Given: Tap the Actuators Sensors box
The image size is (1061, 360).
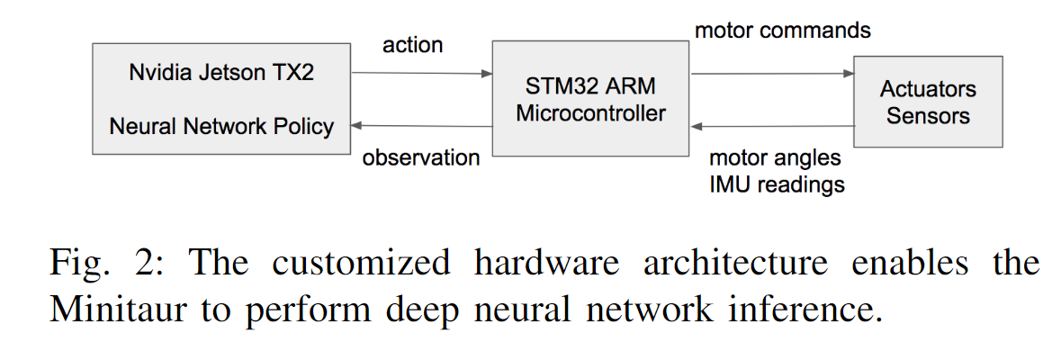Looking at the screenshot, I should [x=928, y=102].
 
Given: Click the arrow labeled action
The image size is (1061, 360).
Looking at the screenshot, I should [x=421, y=74].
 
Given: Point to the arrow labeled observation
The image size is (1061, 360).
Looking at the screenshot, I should [x=421, y=126].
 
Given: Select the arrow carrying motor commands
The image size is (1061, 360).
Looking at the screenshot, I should [x=772, y=74].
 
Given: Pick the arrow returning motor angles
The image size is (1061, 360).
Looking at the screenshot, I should [x=772, y=126].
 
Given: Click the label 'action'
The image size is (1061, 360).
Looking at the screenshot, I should [x=413, y=45].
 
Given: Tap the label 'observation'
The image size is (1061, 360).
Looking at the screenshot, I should [x=421, y=158].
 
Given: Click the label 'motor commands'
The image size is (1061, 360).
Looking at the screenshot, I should [x=783, y=31].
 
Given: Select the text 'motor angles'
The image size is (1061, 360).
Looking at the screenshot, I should [x=775, y=158].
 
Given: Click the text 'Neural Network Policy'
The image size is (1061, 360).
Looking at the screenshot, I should [x=221, y=126].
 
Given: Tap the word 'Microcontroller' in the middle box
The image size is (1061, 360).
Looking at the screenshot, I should [x=591, y=113].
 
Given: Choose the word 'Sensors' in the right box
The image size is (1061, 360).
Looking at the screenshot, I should [x=928, y=115].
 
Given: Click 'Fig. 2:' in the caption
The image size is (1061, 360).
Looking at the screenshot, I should [x=100, y=264].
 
